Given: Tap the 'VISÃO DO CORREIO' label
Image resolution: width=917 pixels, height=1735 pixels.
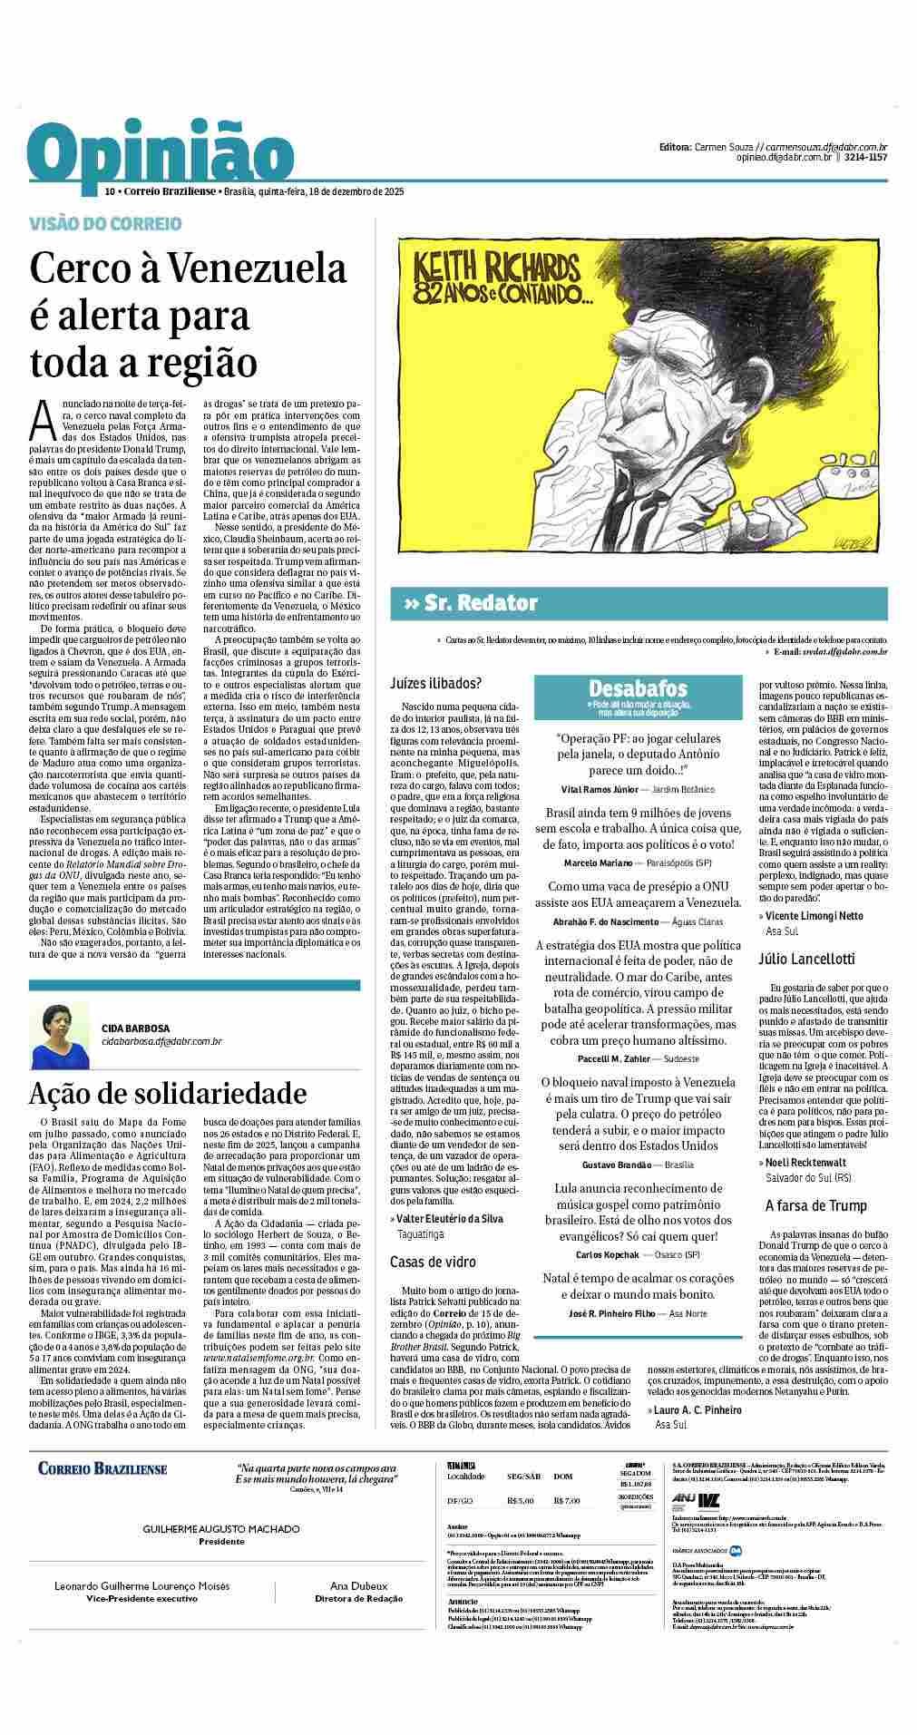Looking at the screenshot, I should pos(105,223).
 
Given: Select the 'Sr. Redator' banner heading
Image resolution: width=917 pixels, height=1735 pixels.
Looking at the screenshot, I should pos(481,603).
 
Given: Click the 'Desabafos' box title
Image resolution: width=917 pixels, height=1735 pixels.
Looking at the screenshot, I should pos(638,688).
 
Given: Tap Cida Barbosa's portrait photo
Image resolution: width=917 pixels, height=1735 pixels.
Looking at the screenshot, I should pos(59,1035).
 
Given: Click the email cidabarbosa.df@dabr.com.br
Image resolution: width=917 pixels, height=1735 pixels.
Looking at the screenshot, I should pos(161,1042).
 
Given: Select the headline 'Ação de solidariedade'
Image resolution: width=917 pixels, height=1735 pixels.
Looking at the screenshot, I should pos(168,1093).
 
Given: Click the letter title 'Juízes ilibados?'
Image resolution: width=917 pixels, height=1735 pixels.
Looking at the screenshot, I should pos(435,683).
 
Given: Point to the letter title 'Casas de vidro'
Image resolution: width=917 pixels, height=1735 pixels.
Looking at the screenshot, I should pos(433,1262).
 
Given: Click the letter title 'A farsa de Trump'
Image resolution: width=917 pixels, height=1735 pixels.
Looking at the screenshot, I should pos(816,1205).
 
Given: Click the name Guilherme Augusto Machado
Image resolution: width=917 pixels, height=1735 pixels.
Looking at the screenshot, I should pos(221,1529).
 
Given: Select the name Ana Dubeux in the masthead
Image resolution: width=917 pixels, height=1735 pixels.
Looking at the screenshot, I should pos(358,1586).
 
